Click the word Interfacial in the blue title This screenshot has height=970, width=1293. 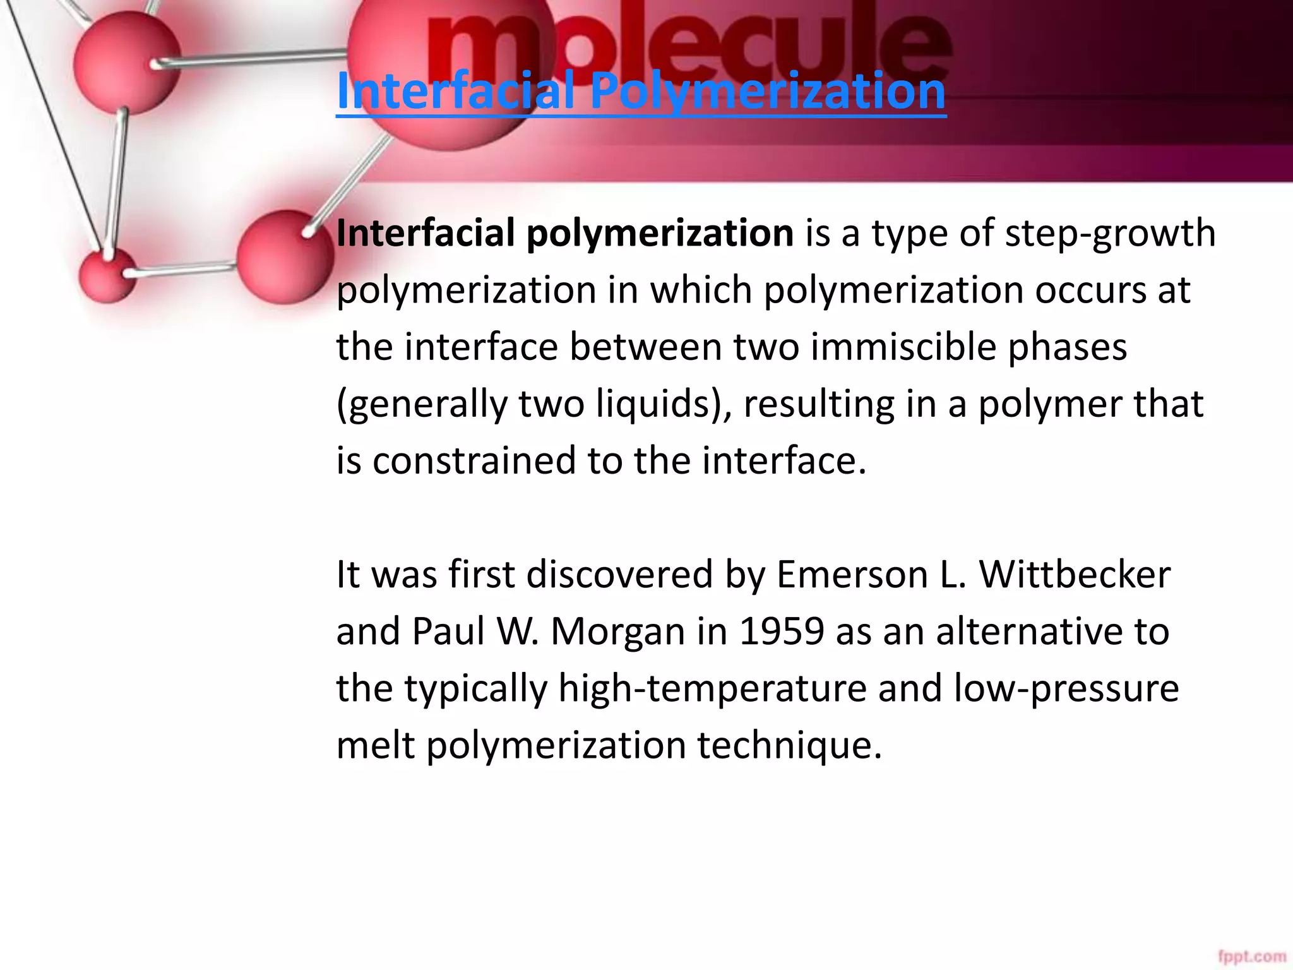(x=455, y=91)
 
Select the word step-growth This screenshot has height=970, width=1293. (x=1110, y=234)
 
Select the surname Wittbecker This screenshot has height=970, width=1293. (x=1075, y=575)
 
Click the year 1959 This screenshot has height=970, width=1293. (x=782, y=632)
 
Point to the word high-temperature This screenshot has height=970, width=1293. (x=712, y=688)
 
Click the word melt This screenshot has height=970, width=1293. (x=375, y=745)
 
